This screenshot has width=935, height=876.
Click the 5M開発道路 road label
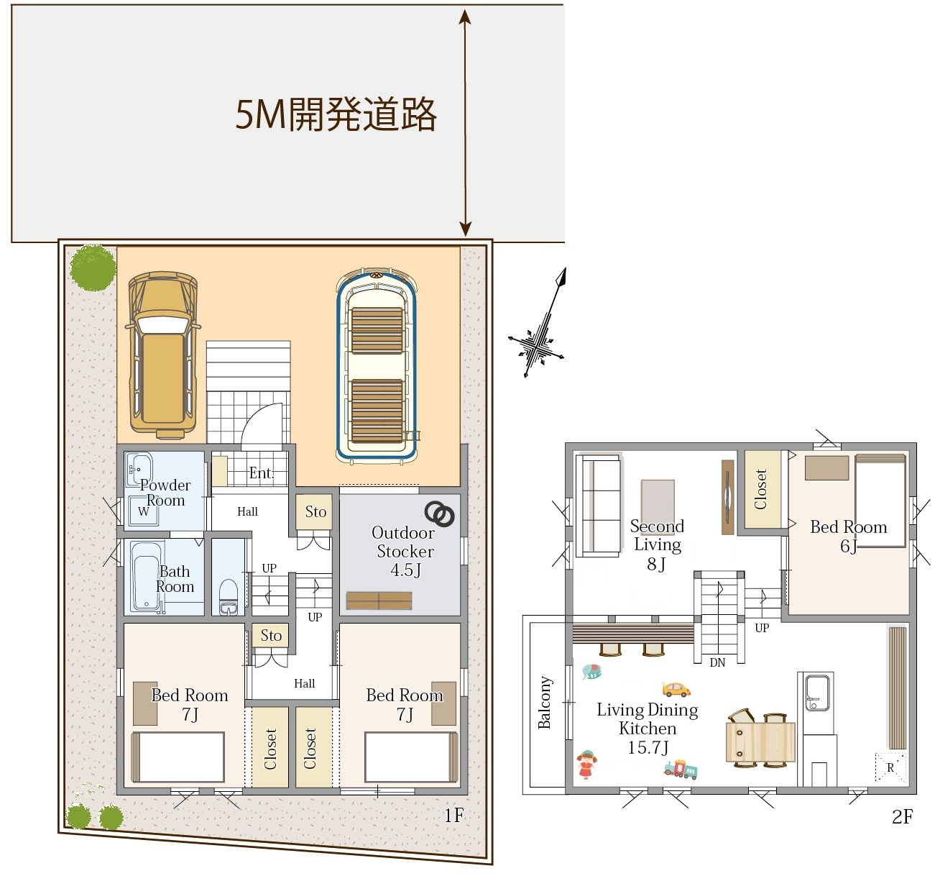pyautogui.click(x=336, y=114)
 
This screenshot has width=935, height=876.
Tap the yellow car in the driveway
pyautogui.click(x=163, y=355)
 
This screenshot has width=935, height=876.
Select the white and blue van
pyautogui.click(x=376, y=365)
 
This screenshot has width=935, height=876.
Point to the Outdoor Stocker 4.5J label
pyautogui.click(x=403, y=551)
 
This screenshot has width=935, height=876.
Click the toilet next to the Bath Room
pyautogui.click(x=229, y=597)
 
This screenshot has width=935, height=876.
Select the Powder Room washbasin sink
pyautogui.click(x=139, y=470)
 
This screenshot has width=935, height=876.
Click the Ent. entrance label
pyautogui.click(x=262, y=473)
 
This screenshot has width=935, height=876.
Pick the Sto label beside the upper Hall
pyautogui.click(x=315, y=512)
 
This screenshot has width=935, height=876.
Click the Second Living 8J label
pyautogui.click(x=657, y=544)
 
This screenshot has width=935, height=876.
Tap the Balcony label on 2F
pyautogui.click(x=544, y=702)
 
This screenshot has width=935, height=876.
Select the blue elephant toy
pyautogui.click(x=591, y=672)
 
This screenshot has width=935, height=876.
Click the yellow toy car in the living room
pyautogui.click(x=676, y=690)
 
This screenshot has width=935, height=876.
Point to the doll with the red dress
pyautogui.click(x=586, y=765)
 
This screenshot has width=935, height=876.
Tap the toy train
pyautogui.click(x=681, y=769)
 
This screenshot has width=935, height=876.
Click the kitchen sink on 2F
pyautogui.click(x=818, y=692)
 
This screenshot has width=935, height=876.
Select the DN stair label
pyautogui.click(x=717, y=662)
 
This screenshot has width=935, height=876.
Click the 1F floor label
pyautogui.click(x=454, y=815)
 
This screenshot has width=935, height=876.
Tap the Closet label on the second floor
pyautogui.click(x=760, y=489)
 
